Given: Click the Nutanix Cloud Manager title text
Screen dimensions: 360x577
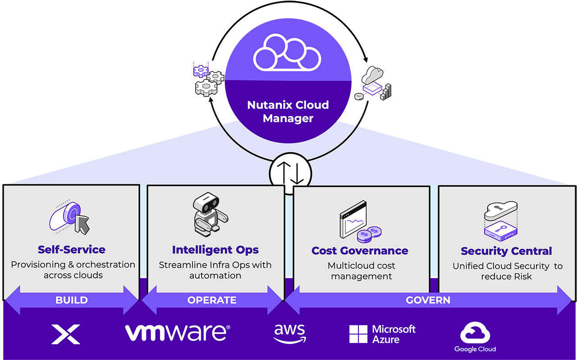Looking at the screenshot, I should click(x=288, y=111).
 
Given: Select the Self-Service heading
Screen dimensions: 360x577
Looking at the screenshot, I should click(x=71, y=249).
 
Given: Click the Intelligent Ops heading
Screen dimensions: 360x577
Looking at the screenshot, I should click(x=215, y=249).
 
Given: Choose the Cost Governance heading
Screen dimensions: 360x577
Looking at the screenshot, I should click(x=360, y=250).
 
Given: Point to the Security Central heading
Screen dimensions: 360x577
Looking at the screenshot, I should click(x=506, y=251).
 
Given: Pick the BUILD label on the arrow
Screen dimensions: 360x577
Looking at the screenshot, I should click(x=71, y=300).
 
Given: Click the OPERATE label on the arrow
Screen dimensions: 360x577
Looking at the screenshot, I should click(x=212, y=300).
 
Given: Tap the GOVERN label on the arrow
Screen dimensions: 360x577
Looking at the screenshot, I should click(x=428, y=300).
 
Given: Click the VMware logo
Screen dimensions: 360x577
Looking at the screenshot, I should click(x=177, y=332).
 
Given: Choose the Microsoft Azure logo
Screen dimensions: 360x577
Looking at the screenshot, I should click(x=382, y=334).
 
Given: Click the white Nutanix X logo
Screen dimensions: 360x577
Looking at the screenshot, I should click(x=66, y=334).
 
